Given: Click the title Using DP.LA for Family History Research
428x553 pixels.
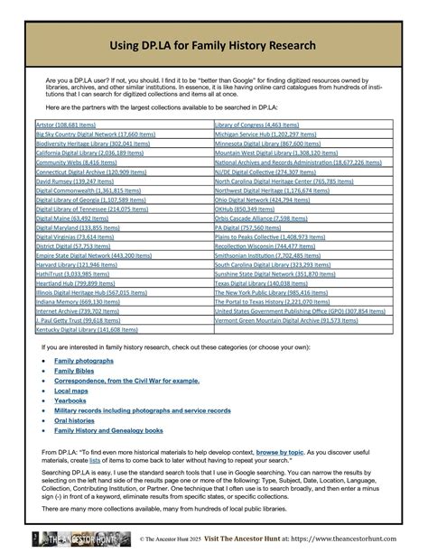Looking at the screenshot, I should click(214, 45).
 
